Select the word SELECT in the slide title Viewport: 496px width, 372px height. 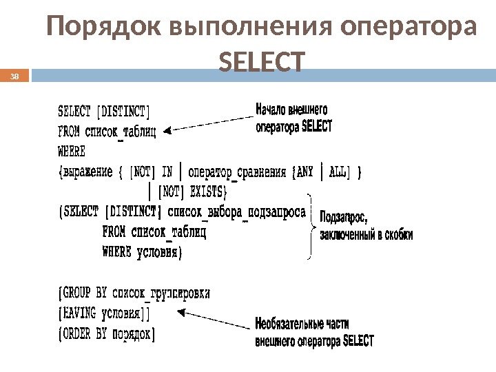tap(261, 61)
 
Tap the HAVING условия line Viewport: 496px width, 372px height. tap(103, 314)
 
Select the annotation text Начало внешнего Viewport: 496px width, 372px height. tap(291, 109)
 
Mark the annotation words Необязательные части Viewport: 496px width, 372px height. tap(302, 323)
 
